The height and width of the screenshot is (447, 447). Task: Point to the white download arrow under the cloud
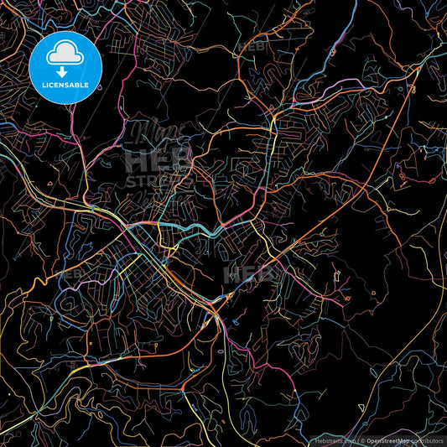click(x=65, y=71)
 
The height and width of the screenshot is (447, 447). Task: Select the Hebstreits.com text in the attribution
click(x=334, y=439)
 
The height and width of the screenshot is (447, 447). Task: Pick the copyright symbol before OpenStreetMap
click(x=361, y=439)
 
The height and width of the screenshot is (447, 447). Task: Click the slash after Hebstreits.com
click(x=356, y=439)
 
